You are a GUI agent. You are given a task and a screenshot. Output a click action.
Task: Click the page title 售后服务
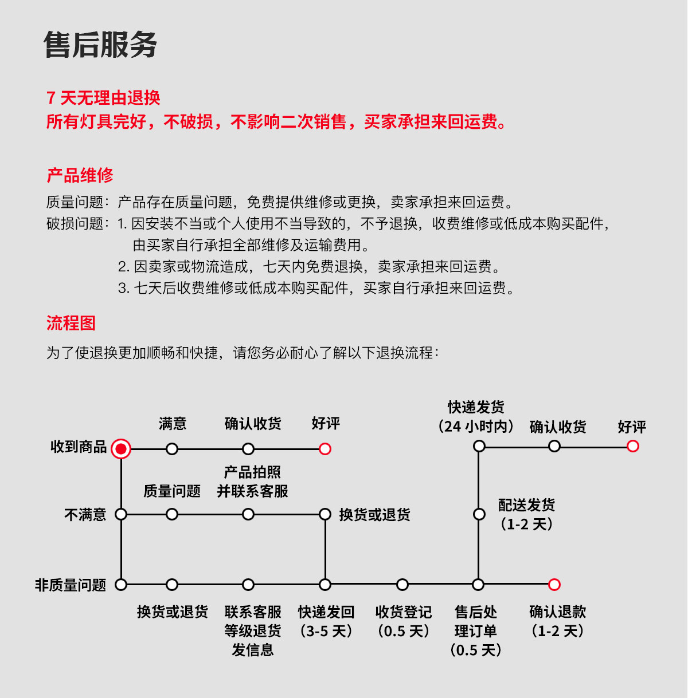coord(100,45)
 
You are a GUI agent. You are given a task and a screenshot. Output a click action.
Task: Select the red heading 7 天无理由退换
coord(103,98)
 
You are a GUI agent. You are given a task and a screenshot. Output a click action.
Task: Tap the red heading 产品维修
coord(80,175)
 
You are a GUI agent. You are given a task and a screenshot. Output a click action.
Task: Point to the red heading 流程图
coord(71,323)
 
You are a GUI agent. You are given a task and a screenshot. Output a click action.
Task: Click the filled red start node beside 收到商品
coord(121,449)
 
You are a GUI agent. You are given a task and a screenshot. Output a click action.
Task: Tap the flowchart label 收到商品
coord(79,447)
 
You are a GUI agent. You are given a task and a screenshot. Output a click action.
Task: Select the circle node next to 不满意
coord(121,514)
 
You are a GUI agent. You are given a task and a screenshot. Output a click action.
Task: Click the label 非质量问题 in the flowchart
coord(71,585)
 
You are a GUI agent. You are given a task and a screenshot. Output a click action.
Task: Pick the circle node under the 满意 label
coord(172,449)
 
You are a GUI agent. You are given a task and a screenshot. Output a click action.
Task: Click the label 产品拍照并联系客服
coord(252,482)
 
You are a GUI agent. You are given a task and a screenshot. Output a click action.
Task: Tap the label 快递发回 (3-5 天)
coord(326,621)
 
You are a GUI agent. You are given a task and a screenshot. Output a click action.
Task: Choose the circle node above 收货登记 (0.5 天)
coord(402,585)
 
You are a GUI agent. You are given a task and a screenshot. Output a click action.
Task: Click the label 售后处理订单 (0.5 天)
coord(476,631)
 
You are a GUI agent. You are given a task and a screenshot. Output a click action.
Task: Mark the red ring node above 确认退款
coord(554,585)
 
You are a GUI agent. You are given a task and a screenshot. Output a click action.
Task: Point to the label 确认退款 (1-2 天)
coord(557,621)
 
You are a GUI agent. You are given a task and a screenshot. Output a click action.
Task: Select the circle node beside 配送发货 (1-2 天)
coord(479,514)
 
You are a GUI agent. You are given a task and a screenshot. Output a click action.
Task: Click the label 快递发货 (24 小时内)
coord(476,416)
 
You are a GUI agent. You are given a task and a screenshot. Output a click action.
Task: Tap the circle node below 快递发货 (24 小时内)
coord(479,446)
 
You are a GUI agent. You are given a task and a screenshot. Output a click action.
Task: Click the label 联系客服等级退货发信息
coord(252,631)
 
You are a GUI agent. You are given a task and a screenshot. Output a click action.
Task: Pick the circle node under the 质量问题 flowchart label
coord(172,514)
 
